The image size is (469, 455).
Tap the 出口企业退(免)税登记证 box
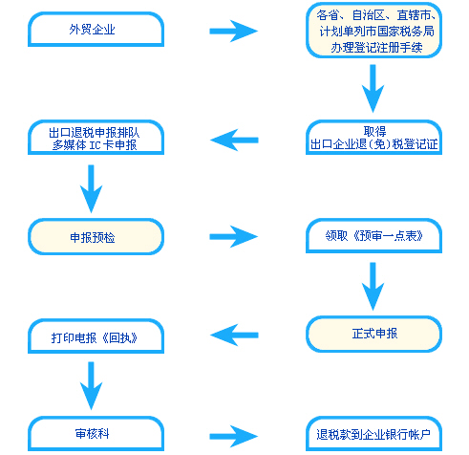tap(373, 138)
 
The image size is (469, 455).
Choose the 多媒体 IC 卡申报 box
tap(96, 138)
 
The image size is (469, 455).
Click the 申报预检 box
tap(96, 236)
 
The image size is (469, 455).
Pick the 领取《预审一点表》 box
tap(373, 236)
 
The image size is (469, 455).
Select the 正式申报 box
tap(373, 334)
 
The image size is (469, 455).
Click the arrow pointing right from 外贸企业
tap(233, 32)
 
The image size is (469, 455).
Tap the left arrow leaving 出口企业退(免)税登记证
tap(233, 140)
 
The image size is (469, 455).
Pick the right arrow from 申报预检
tap(233, 236)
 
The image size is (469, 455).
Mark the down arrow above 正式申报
tap(373, 286)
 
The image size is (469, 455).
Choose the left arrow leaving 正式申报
tap(233, 335)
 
